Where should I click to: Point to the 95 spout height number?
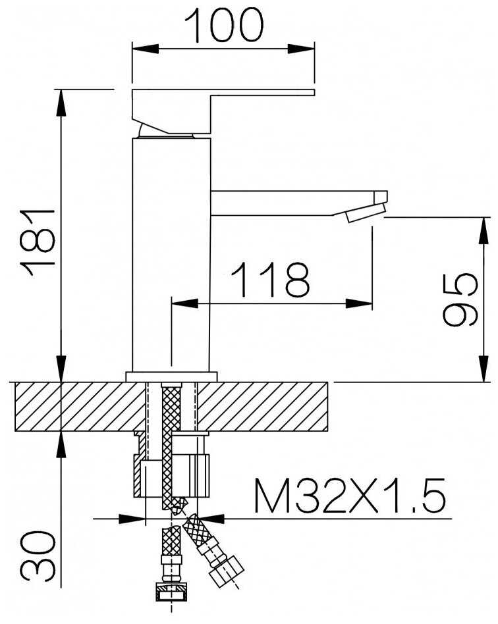pyautogui.click(x=459, y=299)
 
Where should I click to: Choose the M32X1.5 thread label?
pyautogui.click(x=349, y=496)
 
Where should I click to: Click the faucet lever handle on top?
pyautogui.click(x=223, y=111)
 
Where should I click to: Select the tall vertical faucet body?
pyautogui.click(x=171, y=255)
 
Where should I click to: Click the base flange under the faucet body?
pyautogui.click(x=172, y=377)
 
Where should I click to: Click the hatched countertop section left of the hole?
pyautogui.click(x=80, y=406)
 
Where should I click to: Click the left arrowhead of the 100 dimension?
pyautogui.click(x=145, y=49)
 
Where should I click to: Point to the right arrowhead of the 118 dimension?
pyautogui.click(x=359, y=303)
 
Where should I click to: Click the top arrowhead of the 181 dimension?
pyautogui.click(x=61, y=103)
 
